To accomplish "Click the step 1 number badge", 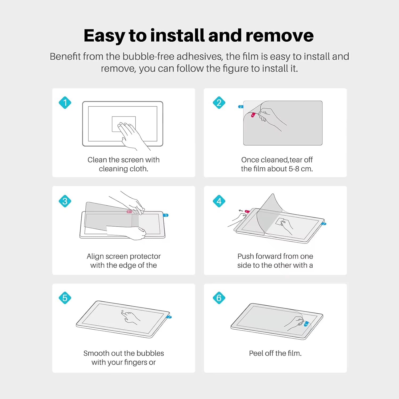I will [x=65, y=103].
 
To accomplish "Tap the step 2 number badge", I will [x=219, y=103].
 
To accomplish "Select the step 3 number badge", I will [x=65, y=201].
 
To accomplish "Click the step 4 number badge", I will [x=219, y=201].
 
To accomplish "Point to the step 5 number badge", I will [x=65, y=298].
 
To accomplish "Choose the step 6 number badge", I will [x=219, y=298].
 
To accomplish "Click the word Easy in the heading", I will [x=104, y=36].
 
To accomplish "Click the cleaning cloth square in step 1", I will [x=124, y=124].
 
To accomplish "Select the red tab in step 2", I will [x=253, y=115].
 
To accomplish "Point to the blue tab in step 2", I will [x=240, y=107].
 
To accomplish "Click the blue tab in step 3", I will [x=166, y=215].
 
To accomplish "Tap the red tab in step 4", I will [x=247, y=212].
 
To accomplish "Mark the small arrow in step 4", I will [x=241, y=211].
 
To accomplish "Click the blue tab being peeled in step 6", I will [x=306, y=324].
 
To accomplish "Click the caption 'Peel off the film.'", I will [x=275, y=353].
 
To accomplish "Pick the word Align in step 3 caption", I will [x=95, y=256].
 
